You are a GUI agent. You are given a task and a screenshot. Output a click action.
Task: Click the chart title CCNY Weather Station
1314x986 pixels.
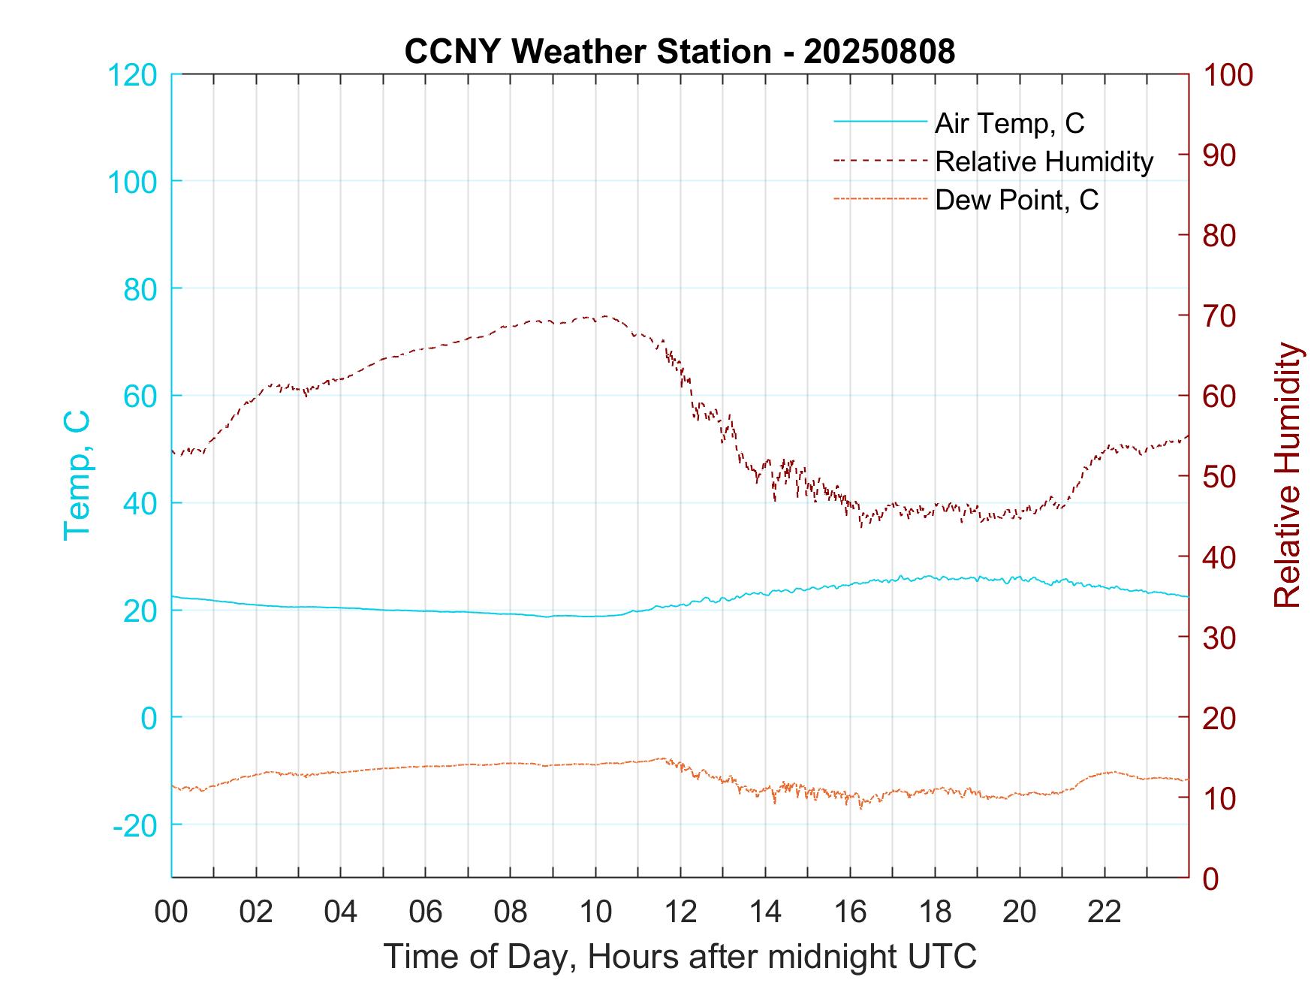coord(680,51)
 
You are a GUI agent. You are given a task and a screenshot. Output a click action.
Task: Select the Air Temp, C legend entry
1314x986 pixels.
coord(1009,122)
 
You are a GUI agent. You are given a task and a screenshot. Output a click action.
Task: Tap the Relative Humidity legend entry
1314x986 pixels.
coord(1044,161)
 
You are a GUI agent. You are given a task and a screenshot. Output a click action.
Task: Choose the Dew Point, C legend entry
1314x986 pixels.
coord(1017,200)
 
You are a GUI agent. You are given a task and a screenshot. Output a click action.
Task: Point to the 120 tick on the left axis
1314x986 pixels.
coord(132,74)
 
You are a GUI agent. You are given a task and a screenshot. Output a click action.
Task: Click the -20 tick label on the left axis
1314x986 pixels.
coord(135,825)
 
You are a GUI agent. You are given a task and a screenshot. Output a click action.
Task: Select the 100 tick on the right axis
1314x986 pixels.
coord(1228,74)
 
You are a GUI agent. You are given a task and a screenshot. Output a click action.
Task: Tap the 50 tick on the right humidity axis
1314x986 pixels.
coord(1220,476)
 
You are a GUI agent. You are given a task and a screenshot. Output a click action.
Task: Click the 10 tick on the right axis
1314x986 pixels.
coord(1220,798)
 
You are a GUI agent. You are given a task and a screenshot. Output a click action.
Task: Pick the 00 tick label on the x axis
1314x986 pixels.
coord(171,912)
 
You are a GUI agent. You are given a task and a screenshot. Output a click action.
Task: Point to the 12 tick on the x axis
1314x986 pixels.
coord(680,912)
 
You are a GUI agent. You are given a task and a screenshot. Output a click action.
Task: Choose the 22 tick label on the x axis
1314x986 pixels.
coord(1105,912)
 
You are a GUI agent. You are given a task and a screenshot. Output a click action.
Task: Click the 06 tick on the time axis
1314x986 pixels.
coord(426,912)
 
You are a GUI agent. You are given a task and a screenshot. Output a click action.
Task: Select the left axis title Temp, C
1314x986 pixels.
coord(77,475)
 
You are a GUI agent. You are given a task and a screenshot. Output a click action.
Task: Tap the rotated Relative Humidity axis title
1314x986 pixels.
coord(1287,475)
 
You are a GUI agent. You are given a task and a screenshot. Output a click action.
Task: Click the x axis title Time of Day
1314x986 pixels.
coord(680,957)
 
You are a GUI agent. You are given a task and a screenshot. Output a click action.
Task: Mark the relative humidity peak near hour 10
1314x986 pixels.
coord(605,316)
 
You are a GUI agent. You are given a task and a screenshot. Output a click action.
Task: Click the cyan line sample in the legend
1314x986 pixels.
coord(879,122)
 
